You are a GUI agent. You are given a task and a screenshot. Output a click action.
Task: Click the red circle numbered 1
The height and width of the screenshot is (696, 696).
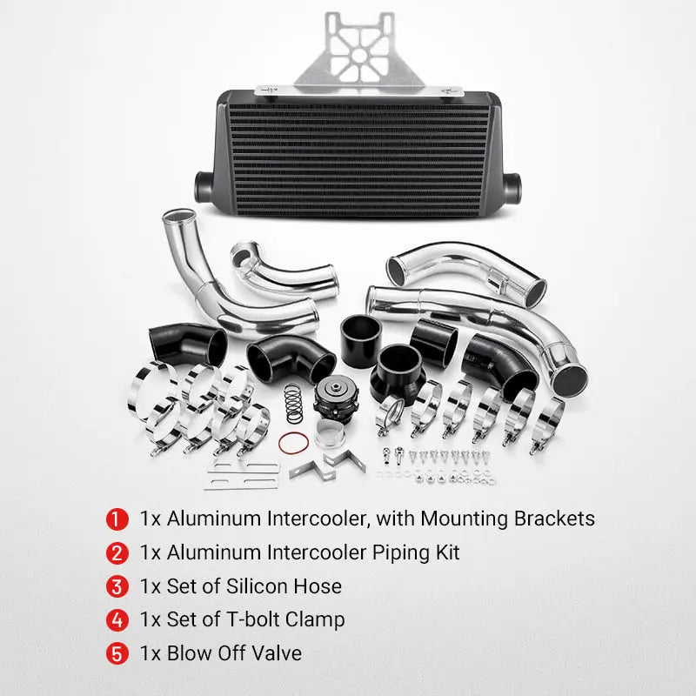coord(116,519)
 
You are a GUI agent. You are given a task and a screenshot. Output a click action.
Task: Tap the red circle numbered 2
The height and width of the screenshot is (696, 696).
coord(116,552)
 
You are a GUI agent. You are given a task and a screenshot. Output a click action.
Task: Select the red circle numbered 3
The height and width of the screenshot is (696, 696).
coord(116,586)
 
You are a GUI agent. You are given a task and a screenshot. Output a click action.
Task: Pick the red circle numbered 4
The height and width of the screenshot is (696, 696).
coord(116,619)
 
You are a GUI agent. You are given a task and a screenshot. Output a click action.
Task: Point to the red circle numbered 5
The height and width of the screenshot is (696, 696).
coord(116,653)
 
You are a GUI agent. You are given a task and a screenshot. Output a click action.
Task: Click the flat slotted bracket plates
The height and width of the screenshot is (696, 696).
coord(243,475)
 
